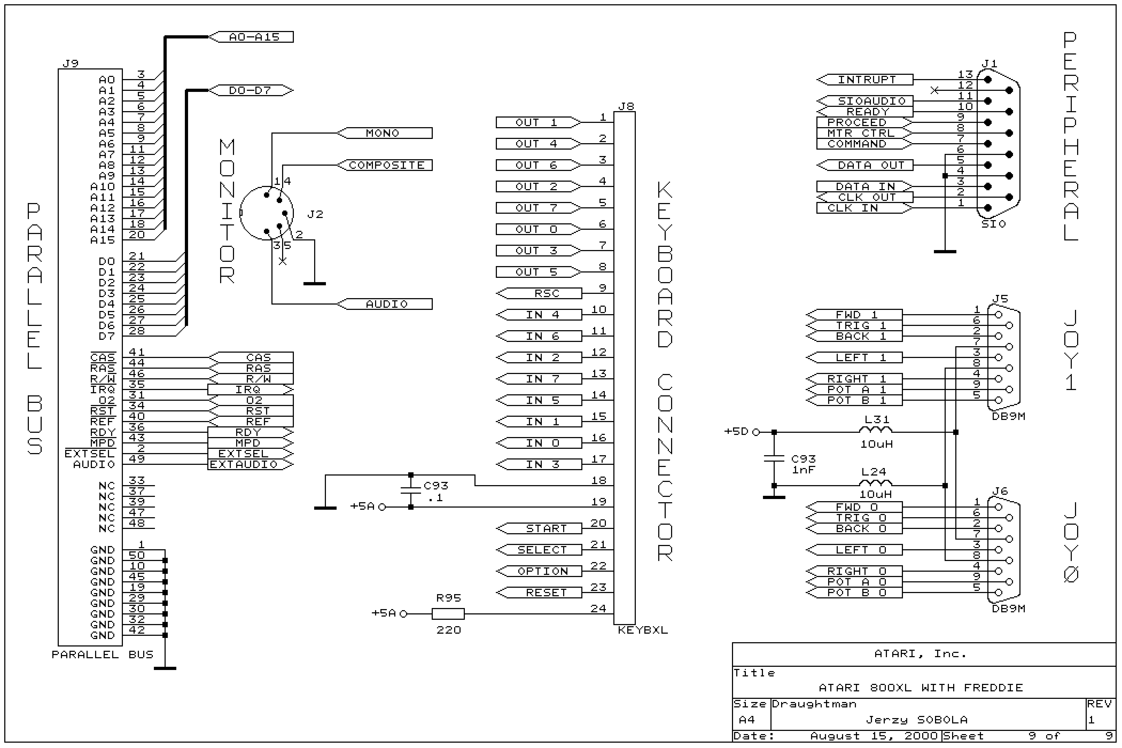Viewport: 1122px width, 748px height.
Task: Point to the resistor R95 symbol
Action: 448,614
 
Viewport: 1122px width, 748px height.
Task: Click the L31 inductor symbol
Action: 875,431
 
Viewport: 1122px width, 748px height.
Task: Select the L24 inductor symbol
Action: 875,484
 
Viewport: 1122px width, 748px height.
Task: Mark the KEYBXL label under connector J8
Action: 642,630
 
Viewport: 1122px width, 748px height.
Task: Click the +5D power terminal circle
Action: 756,432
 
